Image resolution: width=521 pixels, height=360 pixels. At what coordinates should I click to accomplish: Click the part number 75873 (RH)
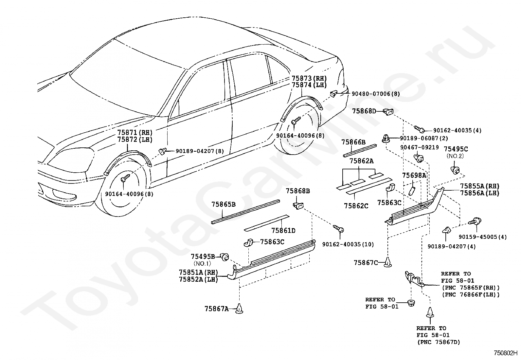309,78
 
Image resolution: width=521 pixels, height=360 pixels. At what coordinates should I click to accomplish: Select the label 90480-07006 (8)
376,94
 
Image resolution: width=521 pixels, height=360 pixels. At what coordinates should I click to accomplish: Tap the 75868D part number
364,111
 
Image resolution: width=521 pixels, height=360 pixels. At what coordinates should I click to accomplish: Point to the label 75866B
353,142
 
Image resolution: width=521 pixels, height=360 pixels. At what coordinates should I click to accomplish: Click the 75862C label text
356,206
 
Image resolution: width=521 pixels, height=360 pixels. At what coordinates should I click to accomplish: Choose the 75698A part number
414,175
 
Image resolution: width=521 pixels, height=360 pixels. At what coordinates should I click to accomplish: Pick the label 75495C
456,149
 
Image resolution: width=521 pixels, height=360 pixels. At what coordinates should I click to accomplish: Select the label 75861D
283,230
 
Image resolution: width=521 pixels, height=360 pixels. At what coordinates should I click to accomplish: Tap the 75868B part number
298,191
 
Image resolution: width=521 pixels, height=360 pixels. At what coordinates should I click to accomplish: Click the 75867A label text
217,309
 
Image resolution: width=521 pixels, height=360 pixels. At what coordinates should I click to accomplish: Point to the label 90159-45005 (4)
483,237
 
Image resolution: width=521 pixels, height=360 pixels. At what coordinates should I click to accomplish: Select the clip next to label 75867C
388,262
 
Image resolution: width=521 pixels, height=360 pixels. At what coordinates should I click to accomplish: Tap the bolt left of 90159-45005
475,221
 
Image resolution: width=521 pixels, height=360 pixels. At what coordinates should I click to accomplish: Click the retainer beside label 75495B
225,257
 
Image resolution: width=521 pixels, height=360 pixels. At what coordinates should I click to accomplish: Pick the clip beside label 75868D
388,112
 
